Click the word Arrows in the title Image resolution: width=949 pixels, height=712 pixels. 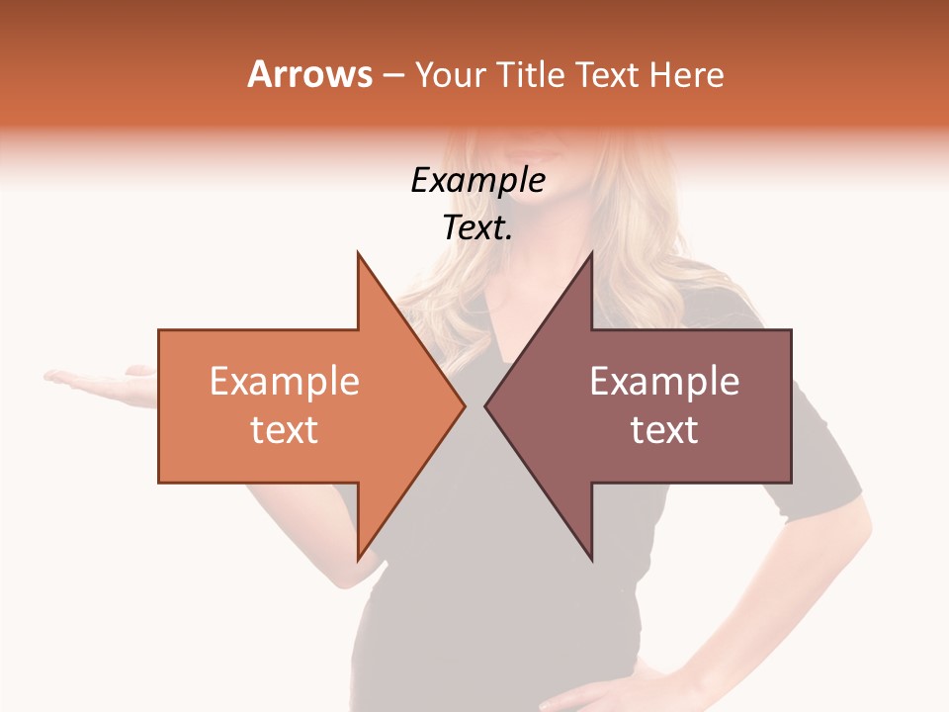[x=310, y=74]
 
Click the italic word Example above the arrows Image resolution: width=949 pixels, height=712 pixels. [x=477, y=181]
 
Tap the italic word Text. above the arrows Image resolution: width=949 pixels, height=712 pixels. [x=477, y=228]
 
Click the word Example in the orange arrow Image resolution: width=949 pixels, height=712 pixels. [x=284, y=382]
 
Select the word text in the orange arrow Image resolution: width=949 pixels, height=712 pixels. [x=284, y=430]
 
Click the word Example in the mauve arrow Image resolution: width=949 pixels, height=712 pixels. [x=664, y=382]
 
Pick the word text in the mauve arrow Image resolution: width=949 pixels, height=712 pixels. [x=664, y=430]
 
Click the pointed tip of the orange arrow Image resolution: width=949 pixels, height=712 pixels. [x=463, y=405]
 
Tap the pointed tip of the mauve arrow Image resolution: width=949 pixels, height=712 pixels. [x=487, y=405]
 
